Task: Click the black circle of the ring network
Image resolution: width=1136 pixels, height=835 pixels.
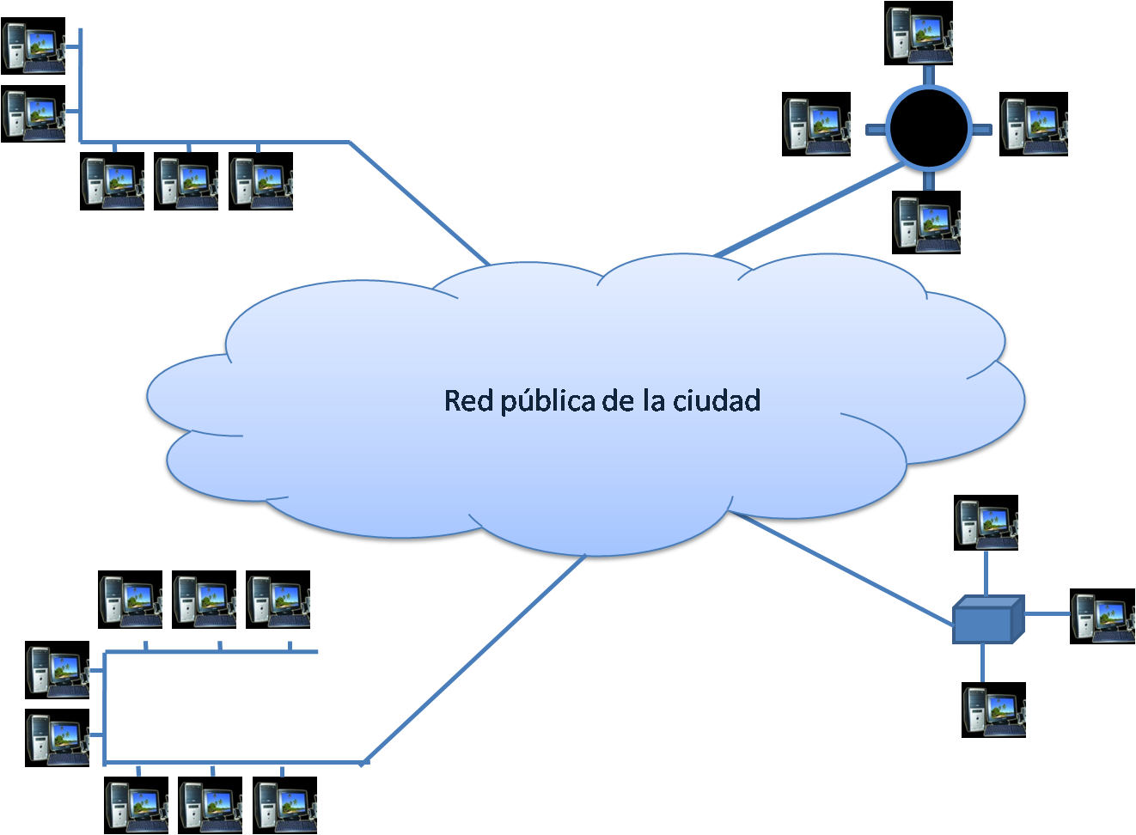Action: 928,129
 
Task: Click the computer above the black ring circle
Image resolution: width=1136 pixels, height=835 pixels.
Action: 919,33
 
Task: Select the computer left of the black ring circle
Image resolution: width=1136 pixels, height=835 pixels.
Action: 816,125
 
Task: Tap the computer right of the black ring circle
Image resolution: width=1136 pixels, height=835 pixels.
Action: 1034,125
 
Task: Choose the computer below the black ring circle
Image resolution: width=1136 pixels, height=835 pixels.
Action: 926,222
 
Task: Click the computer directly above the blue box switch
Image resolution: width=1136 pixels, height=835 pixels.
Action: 986,522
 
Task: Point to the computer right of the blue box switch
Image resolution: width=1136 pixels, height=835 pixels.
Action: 1102,616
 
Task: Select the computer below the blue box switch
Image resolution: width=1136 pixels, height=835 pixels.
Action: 994,710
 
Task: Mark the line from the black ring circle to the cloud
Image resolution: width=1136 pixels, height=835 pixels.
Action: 808,210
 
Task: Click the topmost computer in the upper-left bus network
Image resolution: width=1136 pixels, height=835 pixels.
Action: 34,46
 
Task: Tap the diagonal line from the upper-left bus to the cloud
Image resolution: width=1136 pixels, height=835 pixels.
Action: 419,202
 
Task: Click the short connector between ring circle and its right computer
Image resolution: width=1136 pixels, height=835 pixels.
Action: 982,130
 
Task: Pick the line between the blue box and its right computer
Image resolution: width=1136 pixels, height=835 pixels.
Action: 1047,613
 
